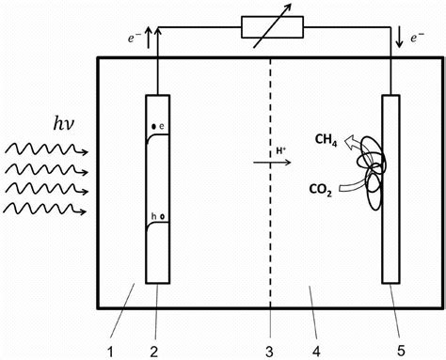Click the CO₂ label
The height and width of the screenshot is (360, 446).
point(322,188)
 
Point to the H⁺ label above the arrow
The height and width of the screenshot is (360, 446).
point(280,149)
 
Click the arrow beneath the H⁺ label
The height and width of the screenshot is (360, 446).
point(272,163)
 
